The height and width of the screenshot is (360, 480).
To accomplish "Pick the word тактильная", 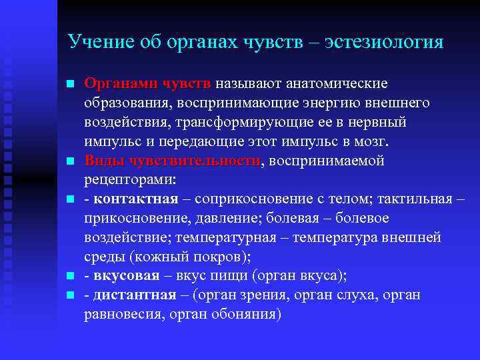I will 415,199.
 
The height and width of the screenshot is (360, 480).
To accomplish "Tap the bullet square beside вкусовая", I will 69,277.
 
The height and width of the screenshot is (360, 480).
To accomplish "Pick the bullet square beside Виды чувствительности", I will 69,162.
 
